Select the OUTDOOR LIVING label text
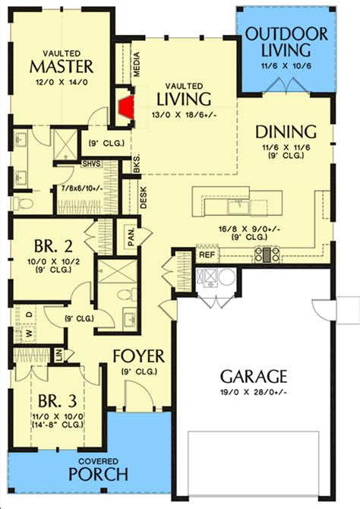pyautogui.click(x=286, y=41)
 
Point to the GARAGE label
pyautogui.click(x=254, y=375)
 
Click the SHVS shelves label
pyautogui.click(x=90, y=163)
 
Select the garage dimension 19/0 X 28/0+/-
pyautogui.click(x=254, y=391)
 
